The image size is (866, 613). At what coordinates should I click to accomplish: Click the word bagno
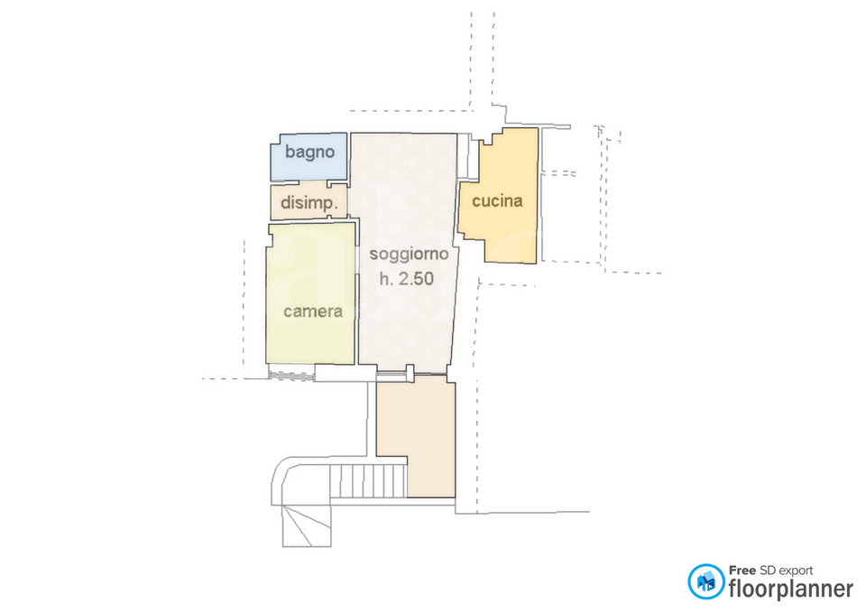(x=309, y=152)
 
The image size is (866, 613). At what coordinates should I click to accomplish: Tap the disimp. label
(x=309, y=203)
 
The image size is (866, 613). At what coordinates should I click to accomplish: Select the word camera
(x=313, y=311)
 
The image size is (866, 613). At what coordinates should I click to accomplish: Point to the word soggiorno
(x=409, y=255)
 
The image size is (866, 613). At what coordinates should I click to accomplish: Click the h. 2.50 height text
(x=407, y=279)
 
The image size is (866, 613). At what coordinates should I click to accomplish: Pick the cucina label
(x=497, y=200)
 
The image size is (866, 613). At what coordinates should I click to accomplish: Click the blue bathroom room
(x=309, y=157)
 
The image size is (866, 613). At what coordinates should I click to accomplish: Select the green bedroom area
(x=310, y=293)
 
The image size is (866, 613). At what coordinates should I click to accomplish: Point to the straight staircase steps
(x=368, y=481)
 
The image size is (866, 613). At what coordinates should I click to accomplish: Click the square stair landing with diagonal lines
(x=307, y=525)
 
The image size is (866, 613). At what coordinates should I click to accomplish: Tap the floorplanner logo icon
(x=705, y=581)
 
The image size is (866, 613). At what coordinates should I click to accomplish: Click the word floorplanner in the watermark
(x=791, y=589)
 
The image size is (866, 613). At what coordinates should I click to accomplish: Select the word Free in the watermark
(x=742, y=570)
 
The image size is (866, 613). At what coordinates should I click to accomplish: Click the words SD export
(x=787, y=571)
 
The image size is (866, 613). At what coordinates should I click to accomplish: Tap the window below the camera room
(x=290, y=375)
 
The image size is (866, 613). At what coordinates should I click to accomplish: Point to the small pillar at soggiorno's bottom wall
(x=410, y=373)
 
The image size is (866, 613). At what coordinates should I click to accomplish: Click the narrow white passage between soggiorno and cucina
(x=468, y=156)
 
